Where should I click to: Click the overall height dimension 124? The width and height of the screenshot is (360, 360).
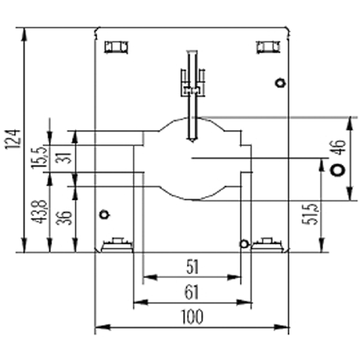(13, 140)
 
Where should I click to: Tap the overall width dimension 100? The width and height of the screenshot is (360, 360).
(192, 317)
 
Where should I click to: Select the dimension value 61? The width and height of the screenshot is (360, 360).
(192, 292)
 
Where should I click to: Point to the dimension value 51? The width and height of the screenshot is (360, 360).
(193, 267)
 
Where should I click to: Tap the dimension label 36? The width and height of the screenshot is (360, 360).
(64, 218)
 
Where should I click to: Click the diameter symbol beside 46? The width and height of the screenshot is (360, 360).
(338, 170)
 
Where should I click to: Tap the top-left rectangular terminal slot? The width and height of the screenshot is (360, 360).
(116, 47)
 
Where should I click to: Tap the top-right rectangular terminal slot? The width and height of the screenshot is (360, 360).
(268, 47)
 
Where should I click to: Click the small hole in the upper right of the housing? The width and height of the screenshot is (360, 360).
(280, 83)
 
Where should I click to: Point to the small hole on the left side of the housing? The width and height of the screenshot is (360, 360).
(104, 215)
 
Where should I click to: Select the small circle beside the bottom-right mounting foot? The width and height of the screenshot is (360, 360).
(244, 244)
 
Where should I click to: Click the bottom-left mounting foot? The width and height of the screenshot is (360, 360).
(117, 245)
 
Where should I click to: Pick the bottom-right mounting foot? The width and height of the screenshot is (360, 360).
(268, 245)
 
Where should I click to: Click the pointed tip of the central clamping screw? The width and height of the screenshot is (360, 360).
(192, 142)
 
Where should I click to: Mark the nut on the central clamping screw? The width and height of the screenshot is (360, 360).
(193, 90)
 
